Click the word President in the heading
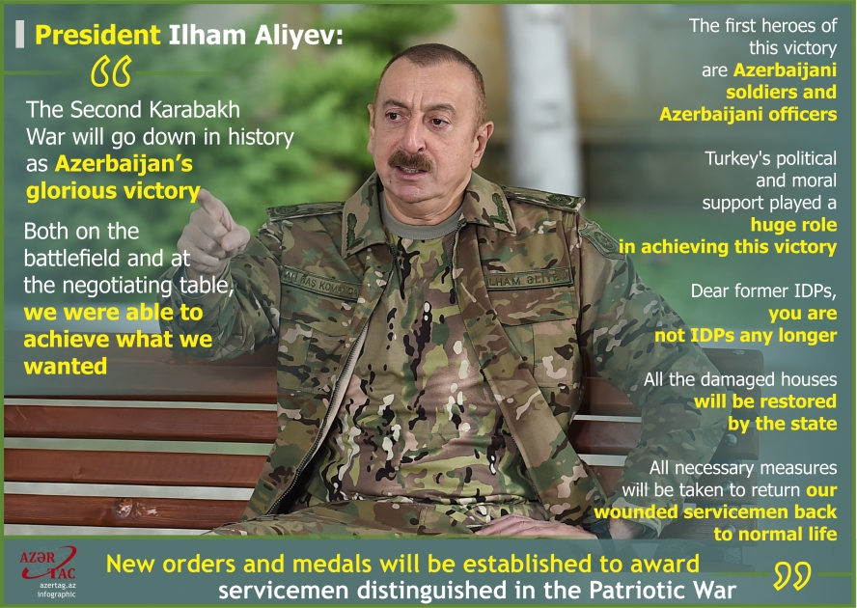pyautogui.click(x=97, y=36)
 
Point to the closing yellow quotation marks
pyautogui.click(x=791, y=576)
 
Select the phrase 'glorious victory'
pyautogui.click(x=112, y=190)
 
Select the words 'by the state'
pyautogui.click(x=783, y=423)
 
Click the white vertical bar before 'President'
pyautogui.click(x=20, y=35)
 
